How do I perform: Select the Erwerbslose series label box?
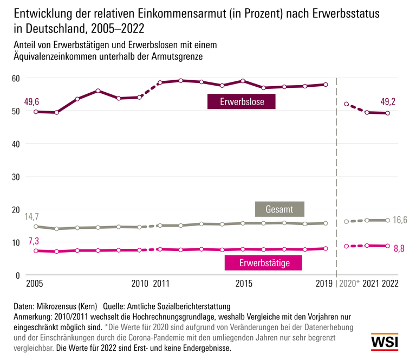pos(242,101)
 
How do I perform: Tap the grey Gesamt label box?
pos(279,209)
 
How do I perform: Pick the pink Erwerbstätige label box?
pos(263,263)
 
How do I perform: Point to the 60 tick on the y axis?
pos(16,78)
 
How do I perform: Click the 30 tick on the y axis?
pos(16,177)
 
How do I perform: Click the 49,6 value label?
pos(32,101)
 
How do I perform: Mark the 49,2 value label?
pos(387,101)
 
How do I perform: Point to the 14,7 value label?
pos(32,216)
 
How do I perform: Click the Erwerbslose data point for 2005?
pos(36,112)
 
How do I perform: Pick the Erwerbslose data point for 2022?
pos(388,113)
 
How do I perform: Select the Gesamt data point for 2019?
pos(326,223)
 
